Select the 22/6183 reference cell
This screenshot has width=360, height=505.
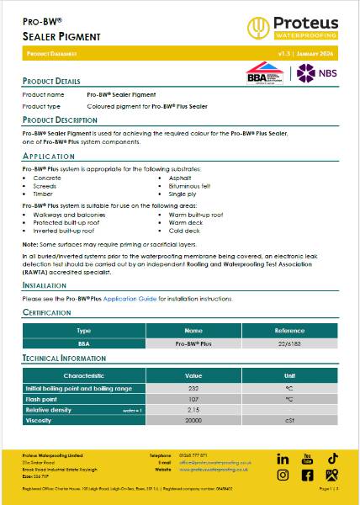click(289, 344)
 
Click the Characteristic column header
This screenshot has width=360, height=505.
click(83, 375)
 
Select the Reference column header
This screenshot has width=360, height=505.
click(289, 332)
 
